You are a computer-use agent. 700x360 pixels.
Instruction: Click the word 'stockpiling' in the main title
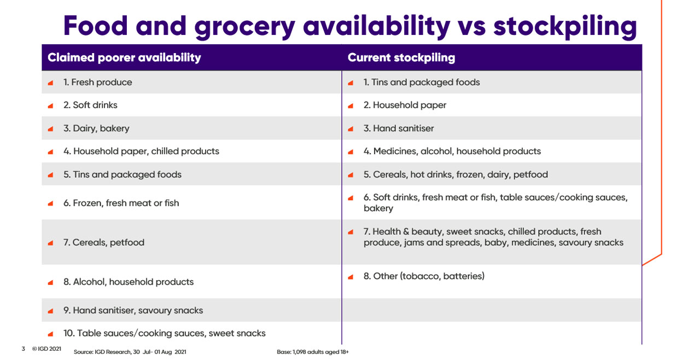tap(565, 27)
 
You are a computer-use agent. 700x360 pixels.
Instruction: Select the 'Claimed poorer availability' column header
tap(124, 58)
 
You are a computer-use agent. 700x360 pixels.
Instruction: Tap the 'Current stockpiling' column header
tap(401, 58)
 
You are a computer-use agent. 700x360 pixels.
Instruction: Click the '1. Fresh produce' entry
tap(97, 82)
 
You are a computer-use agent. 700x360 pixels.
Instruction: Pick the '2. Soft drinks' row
tap(90, 105)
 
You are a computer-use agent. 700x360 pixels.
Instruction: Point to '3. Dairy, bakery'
tap(96, 129)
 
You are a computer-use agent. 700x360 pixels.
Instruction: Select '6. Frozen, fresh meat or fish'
tap(121, 203)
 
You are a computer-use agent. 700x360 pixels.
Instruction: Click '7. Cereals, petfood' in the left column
tap(104, 242)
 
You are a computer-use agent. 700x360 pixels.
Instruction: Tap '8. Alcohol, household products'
tap(129, 282)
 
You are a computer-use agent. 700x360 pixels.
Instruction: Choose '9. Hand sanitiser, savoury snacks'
tap(133, 310)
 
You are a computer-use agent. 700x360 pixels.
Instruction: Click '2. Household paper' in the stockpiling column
tap(405, 105)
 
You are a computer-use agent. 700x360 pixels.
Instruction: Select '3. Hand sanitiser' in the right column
tap(399, 128)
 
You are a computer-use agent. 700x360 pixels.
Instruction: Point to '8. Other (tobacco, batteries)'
tap(424, 276)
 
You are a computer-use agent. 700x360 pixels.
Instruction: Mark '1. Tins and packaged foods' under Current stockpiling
tap(422, 83)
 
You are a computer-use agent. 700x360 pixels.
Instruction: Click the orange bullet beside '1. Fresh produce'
tap(50, 83)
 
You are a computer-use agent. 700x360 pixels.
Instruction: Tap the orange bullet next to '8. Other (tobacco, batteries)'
tap(351, 277)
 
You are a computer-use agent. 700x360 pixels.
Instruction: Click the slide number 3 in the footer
tap(24, 349)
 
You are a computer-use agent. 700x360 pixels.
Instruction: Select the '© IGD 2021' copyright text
tap(46, 349)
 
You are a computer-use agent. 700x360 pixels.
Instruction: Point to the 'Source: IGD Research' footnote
tap(130, 352)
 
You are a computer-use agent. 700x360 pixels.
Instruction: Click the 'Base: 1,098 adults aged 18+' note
tap(312, 352)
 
